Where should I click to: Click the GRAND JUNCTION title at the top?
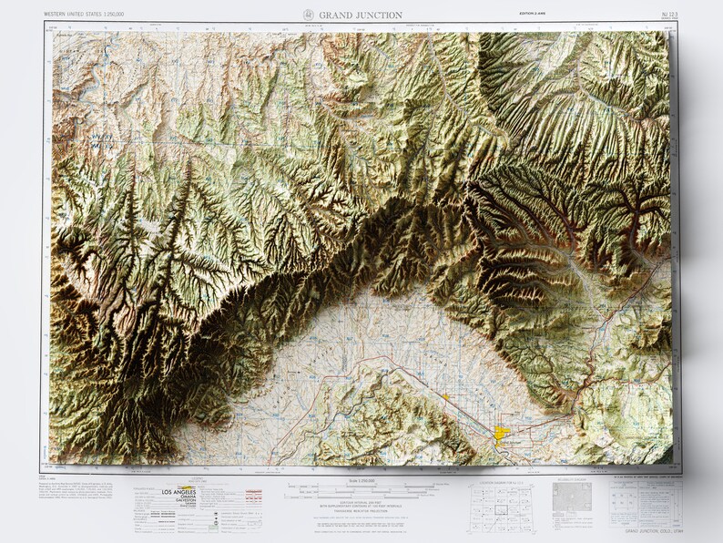coord(360,15)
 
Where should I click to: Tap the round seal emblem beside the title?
coord(308,15)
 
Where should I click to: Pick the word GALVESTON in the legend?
coord(178,503)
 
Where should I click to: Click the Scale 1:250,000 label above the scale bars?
coord(361,480)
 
